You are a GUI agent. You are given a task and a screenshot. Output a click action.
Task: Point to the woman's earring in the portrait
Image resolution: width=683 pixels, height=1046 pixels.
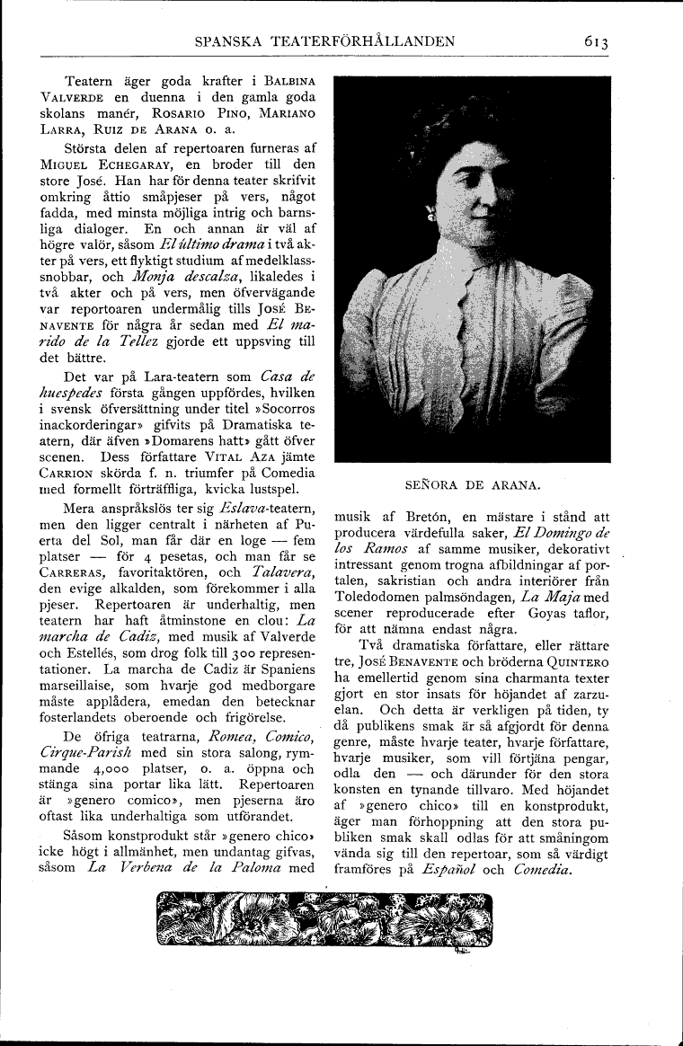pyautogui.click(x=432, y=217)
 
